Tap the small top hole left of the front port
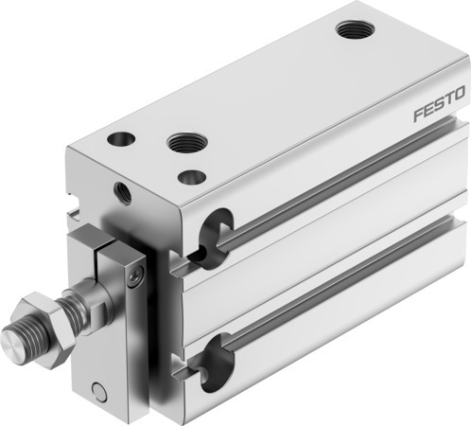[x=122, y=139]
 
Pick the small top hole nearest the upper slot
[x=192, y=176]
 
